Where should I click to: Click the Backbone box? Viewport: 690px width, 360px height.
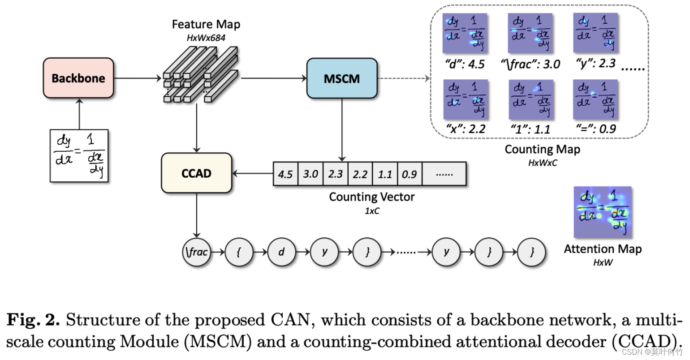(x=78, y=78)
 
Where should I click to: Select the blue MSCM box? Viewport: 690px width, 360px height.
(x=342, y=78)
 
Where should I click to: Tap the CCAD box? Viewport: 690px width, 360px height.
(x=196, y=173)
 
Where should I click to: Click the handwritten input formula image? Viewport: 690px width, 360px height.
(x=79, y=156)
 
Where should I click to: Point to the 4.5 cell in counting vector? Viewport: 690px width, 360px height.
(x=285, y=174)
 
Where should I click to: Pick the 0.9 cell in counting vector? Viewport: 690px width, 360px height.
(x=409, y=174)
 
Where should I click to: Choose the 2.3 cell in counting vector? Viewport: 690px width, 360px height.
(x=335, y=174)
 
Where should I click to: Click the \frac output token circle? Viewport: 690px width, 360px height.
(x=196, y=252)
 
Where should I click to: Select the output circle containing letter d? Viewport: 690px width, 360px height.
(x=281, y=252)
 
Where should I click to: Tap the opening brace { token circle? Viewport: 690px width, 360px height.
(x=239, y=252)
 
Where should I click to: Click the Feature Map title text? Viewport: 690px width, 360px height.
(x=206, y=24)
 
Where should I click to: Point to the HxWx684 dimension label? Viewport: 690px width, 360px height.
(x=206, y=38)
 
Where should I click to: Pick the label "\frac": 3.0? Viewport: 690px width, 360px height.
(x=530, y=64)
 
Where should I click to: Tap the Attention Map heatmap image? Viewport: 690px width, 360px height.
(x=603, y=212)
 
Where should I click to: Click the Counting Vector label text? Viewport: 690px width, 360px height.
(x=372, y=197)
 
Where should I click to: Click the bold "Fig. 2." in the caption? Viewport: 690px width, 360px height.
(x=33, y=320)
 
